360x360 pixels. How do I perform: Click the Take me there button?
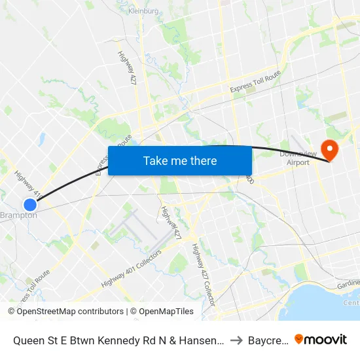pyautogui.click(x=180, y=161)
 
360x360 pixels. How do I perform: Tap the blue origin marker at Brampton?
pyautogui.click(x=29, y=204)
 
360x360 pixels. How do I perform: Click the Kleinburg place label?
pyautogui.click(x=144, y=11)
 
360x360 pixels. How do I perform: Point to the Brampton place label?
pyautogui.click(x=18, y=215)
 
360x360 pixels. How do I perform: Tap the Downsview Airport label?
pyautogui.click(x=294, y=158)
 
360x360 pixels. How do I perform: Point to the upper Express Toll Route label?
pyautogui.click(x=255, y=82)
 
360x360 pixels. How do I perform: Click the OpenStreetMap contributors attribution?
pyautogui.click(x=70, y=312)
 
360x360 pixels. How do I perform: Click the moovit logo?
pyautogui.click(x=321, y=339)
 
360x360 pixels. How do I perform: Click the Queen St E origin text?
pyautogui.click(x=118, y=340)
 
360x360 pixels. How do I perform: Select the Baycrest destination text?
pyautogui.click(x=268, y=340)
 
